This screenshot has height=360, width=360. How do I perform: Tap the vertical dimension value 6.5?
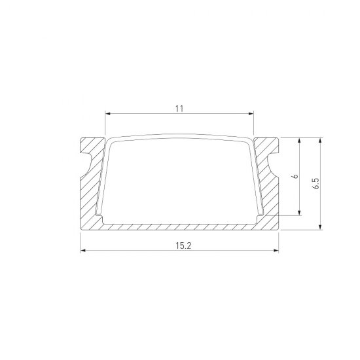click(x=315, y=183)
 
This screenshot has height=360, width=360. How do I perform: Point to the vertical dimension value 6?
click(x=295, y=177)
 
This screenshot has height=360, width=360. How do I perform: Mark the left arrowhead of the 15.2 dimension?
click(x=83, y=251)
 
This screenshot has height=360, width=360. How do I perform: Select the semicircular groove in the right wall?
click(x=275, y=160)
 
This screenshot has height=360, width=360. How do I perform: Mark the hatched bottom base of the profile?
click(x=179, y=226)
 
